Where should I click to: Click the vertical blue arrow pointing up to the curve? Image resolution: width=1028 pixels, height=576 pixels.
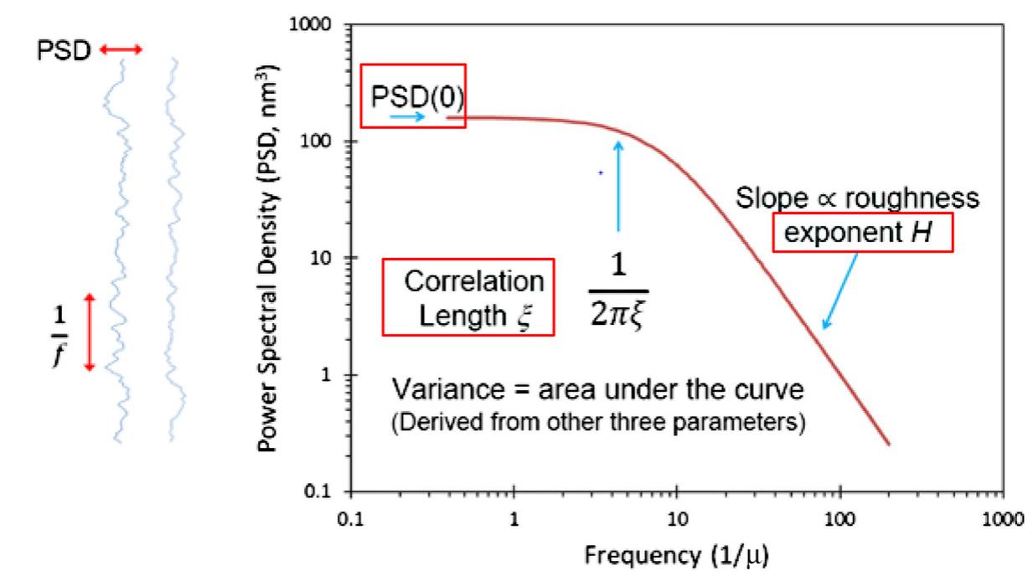618,185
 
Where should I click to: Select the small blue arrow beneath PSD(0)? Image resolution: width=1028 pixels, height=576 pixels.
408,118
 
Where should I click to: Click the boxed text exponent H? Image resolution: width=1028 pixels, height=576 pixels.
863,230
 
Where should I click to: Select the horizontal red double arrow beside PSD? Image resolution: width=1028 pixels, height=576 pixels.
121,50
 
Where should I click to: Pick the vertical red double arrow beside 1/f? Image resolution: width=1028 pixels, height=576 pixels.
90,332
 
